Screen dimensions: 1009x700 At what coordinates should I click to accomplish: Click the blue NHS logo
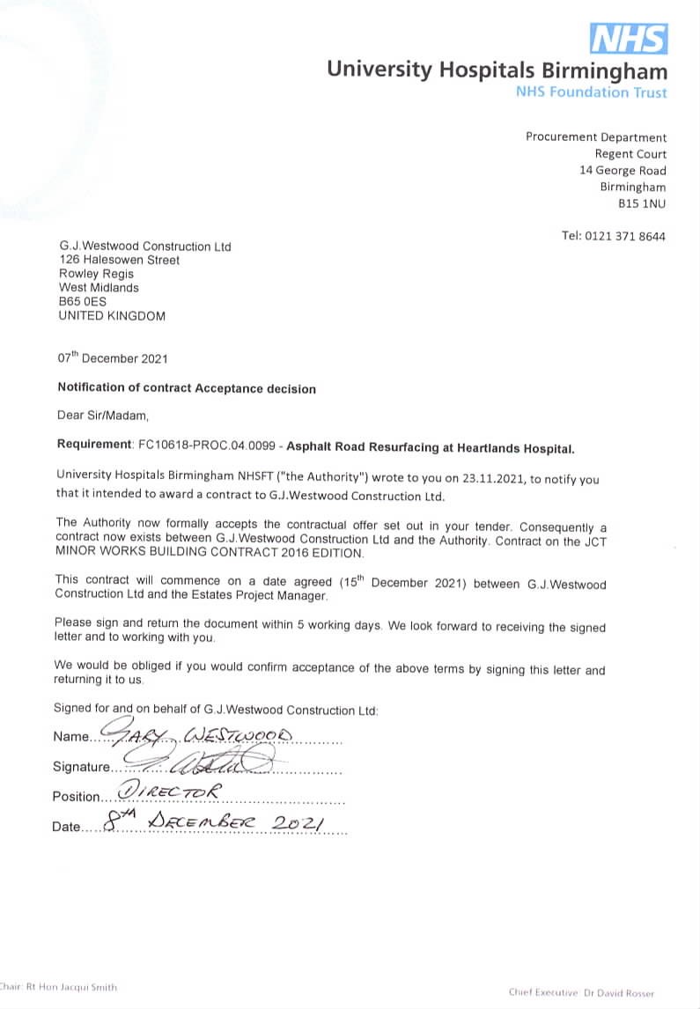(628, 40)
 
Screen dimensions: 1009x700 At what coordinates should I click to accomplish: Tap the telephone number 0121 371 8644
(626, 236)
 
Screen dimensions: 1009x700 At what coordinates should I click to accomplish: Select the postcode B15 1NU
(642, 203)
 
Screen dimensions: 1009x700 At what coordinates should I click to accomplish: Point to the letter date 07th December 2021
(112, 358)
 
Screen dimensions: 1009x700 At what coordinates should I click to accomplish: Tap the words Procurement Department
(596, 137)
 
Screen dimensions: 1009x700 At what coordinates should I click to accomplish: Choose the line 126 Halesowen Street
(119, 261)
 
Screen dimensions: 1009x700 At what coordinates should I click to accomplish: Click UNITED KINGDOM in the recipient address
(111, 315)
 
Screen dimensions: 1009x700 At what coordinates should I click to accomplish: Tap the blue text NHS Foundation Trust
(592, 92)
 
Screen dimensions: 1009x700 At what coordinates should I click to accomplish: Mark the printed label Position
(77, 796)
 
